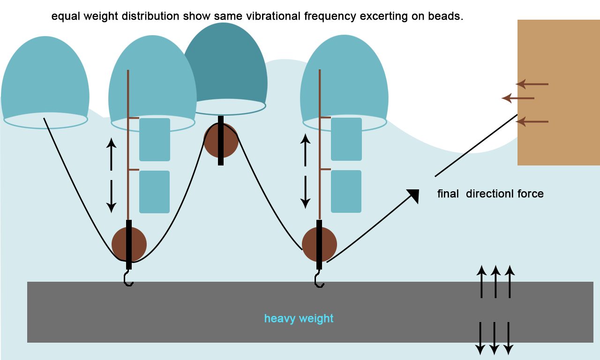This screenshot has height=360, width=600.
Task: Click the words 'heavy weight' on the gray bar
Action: point(299,319)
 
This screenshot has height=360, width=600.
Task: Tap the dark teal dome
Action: point(225,66)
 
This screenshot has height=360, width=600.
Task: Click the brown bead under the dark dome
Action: point(221,141)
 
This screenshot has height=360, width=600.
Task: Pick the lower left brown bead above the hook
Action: point(129,244)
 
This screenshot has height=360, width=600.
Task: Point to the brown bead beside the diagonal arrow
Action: point(319,244)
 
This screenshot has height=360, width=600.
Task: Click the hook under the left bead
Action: point(128,278)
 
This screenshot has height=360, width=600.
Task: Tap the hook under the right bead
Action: point(319,280)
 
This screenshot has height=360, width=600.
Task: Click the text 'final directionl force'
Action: point(490,194)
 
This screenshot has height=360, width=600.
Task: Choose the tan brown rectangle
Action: point(558,92)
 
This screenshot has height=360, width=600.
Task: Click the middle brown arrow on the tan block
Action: point(518,98)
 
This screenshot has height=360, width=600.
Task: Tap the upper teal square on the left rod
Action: point(155,140)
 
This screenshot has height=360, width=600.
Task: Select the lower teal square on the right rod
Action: point(346,191)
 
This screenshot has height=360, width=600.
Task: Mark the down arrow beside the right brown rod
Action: point(306,192)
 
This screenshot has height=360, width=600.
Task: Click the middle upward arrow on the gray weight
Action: point(495,281)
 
